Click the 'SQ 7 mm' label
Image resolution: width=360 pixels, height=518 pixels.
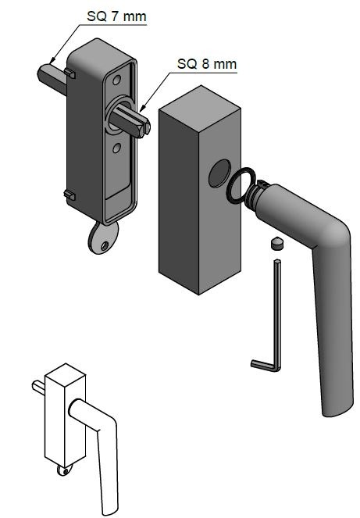coord(116,16)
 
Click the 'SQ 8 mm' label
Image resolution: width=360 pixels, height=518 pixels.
coord(207,64)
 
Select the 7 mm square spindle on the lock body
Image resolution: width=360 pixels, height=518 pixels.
coord(52,78)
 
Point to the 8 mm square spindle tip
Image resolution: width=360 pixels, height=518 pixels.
coord(145,128)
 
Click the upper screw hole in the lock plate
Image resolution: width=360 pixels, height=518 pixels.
coord(116,80)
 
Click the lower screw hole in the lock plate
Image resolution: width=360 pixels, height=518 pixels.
coord(116,148)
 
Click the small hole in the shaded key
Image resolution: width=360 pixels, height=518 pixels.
coord(105,245)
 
